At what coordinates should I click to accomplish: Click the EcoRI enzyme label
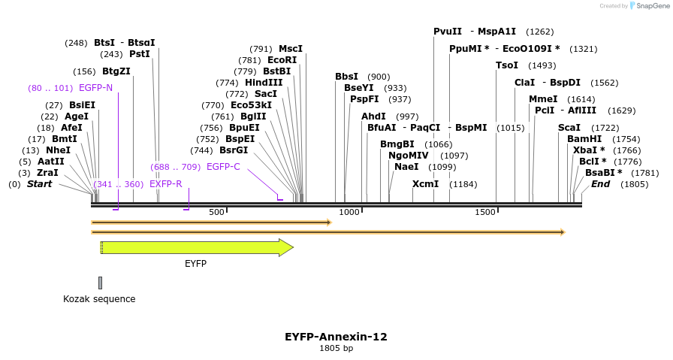pos(282,60)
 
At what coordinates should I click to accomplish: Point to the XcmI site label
pos(425,184)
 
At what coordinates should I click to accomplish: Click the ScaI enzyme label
pos(569,128)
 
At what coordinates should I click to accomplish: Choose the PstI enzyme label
pos(140,54)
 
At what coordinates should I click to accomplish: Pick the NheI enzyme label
pos(58,150)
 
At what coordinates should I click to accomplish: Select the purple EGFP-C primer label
pos(223,167)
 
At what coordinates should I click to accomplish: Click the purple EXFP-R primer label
pos(165,184)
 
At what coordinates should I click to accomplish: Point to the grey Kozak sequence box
pos(100,283)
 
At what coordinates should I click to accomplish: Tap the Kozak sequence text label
pos(99,299)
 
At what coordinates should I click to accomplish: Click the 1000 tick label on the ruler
pos(350,213)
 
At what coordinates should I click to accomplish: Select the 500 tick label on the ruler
pos(216,213)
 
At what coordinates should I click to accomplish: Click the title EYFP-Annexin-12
pos(336,337)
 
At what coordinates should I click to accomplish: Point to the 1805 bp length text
pos(336,349)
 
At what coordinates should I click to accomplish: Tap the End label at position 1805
pos(600,184)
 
